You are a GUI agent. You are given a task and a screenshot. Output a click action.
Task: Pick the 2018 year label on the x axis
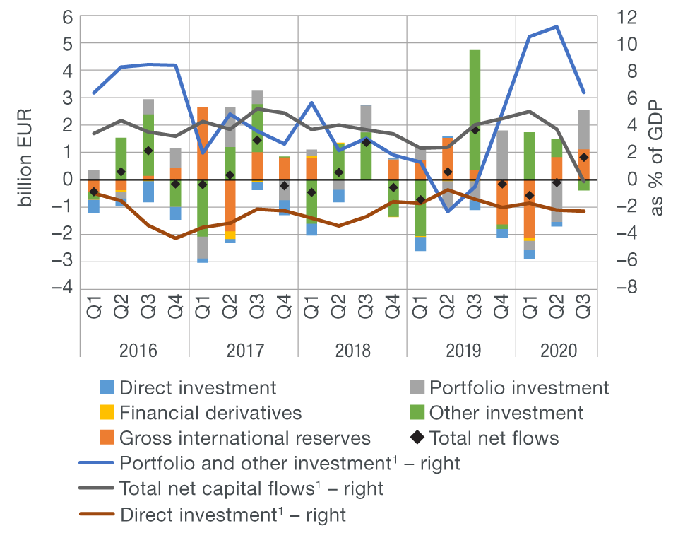[x=353, y=351]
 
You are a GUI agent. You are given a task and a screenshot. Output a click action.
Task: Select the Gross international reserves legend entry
[x=244, y=438]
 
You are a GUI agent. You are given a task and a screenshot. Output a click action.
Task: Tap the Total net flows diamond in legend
[x=417, y=438]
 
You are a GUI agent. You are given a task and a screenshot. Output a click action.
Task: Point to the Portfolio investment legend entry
[x=519, y=387]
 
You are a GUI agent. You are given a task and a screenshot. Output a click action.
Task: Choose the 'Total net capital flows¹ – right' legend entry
[x=251, y=488]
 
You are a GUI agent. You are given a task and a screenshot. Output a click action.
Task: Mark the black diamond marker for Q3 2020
[x=583, y=158]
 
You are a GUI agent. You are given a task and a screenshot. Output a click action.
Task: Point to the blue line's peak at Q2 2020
[x=557, y=27]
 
